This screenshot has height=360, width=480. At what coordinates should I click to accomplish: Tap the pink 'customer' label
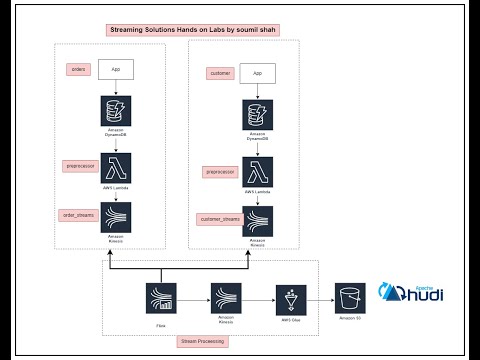[219, 73]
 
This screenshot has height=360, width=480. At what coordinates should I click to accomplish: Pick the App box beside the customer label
[257, 74]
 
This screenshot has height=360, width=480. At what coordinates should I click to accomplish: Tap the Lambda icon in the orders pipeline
[116, 166]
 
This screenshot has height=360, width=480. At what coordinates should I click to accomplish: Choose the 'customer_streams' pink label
[220, 217]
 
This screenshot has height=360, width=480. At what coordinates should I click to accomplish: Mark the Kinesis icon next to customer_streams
[258, 221]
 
